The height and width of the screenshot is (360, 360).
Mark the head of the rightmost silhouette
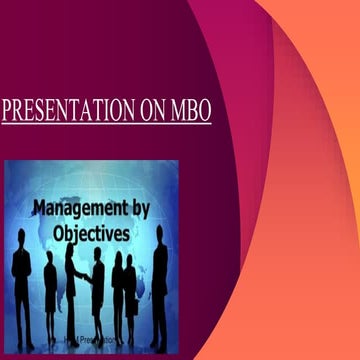coord(159,245)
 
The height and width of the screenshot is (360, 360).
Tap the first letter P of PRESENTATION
coord(7,110)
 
